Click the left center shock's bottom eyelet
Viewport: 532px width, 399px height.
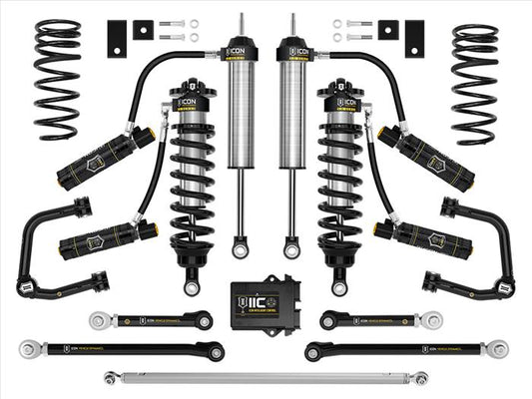coord(241,244)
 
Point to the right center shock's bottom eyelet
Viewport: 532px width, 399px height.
coord(290,244)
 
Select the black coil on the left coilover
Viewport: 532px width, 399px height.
coord(191,185)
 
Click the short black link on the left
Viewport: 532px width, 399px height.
coord(150,320)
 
